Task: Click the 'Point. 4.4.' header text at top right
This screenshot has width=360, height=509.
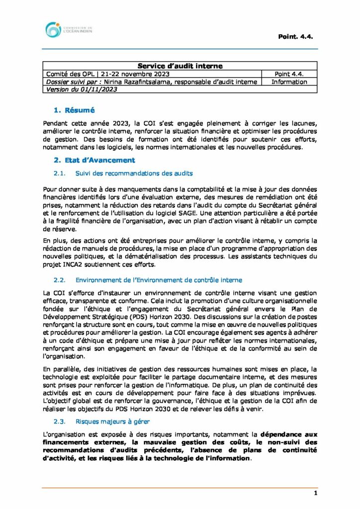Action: tap(295, 36)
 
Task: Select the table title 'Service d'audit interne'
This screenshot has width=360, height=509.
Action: tap(180, 66)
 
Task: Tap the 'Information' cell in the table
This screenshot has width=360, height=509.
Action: tap(289, 82)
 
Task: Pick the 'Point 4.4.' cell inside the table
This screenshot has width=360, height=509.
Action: tap(289, 74)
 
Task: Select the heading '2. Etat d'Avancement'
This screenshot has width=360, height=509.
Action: tap(94, 160)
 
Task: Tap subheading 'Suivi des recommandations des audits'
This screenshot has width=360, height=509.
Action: tap(134, 173)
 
